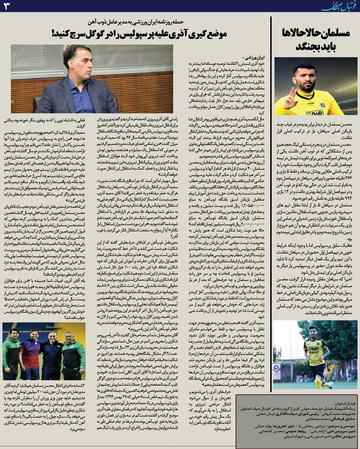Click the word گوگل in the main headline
click(x=95, y=34)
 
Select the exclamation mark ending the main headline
click(x=54, y=34)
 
